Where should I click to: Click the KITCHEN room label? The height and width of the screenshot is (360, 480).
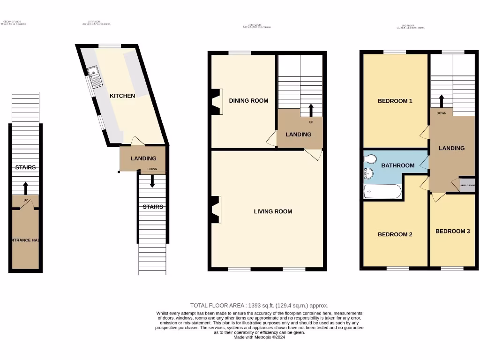click(122, 96)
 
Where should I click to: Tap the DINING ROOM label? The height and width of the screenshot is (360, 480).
click(248, 101)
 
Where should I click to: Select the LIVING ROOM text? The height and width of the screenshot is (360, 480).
click(273, 212)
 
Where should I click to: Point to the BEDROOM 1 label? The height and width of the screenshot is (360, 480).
click(395, 101)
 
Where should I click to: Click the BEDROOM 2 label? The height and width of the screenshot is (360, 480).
click(395, 234)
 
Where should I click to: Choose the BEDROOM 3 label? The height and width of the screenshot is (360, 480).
click(452, 231)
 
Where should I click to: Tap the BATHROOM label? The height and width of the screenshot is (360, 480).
click(397, 165)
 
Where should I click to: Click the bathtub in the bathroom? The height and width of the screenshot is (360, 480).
click(382, 191)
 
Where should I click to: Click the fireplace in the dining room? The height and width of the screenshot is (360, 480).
click(217, 101)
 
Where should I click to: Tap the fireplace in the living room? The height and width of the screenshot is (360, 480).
click(216, 209)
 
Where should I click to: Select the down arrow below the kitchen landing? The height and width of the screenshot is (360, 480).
click(152, 181)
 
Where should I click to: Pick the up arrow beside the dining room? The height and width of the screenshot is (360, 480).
click(310, 111)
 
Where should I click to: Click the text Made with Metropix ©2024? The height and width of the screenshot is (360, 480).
click(259, 337)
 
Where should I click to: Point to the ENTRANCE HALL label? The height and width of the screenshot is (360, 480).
click(25, 240)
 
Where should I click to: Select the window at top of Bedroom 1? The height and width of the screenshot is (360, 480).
click(395, 52)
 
